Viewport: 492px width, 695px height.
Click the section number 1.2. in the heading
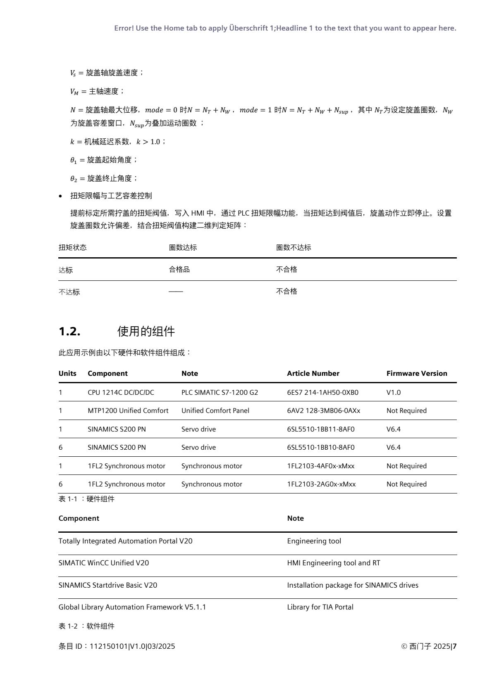69,331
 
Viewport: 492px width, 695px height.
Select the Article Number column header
313,373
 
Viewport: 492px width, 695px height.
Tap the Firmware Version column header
416,373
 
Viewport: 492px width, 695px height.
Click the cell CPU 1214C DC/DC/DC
121,392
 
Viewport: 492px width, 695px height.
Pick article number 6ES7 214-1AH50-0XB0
322,392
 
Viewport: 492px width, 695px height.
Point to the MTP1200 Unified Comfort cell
128,410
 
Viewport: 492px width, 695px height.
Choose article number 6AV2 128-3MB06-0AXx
323,410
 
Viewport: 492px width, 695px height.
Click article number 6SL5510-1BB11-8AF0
320,429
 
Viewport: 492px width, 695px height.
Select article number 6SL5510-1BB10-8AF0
320,447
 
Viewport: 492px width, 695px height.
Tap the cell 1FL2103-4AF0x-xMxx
320,466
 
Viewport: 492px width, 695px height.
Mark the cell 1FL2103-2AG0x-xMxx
321,484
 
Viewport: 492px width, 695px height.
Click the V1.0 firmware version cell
393,392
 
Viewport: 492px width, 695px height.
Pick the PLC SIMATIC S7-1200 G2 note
220,392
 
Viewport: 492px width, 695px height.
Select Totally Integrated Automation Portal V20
125,541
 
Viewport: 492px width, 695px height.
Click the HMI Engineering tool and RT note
333,563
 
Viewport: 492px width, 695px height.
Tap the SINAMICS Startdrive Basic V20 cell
107,585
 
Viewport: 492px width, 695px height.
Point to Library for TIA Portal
320,607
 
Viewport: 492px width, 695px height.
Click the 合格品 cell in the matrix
179,270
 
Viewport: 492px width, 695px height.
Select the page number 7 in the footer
454,646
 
